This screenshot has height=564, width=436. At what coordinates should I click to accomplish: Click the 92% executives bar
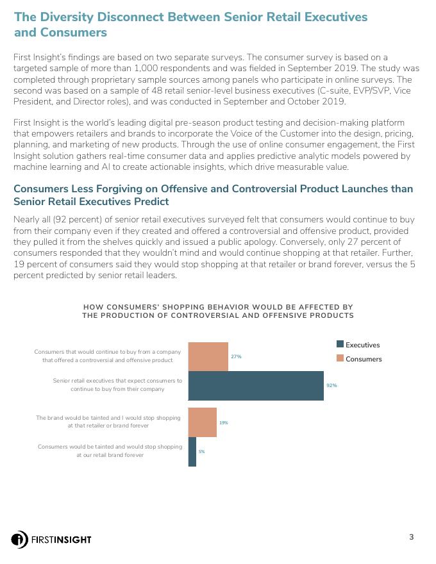pos(256,386)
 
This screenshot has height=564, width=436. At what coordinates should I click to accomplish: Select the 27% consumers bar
pos(208,356)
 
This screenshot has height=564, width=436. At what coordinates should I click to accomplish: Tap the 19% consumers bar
pos(202,422)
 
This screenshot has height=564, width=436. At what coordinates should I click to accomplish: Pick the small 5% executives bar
pos(192,452)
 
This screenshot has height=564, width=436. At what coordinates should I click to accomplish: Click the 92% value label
pos(331,386)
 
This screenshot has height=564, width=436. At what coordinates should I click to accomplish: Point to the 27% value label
pos(236,356)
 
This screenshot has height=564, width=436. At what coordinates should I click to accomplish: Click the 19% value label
pos(224,423)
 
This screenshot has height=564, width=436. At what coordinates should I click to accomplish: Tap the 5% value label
pos(201,452)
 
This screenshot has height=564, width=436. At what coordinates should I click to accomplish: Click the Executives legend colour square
pos(340,345)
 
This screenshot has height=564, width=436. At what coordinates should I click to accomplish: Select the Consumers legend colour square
pos(340,359)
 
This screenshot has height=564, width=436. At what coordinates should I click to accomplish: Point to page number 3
pos(411,537)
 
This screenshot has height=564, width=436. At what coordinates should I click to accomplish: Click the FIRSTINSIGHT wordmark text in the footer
pos(62,540)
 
